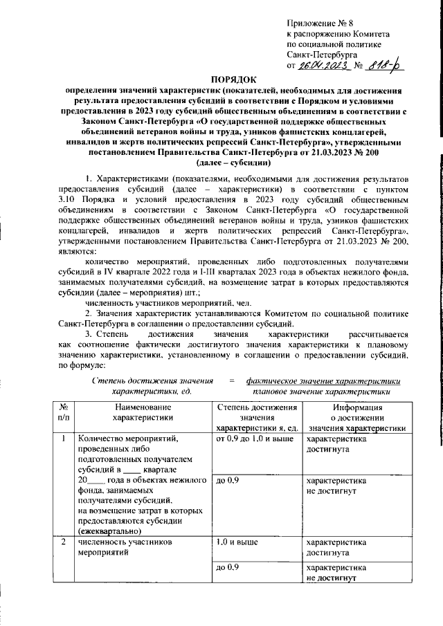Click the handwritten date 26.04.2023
click(323, 65)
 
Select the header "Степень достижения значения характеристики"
click(257, 417)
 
